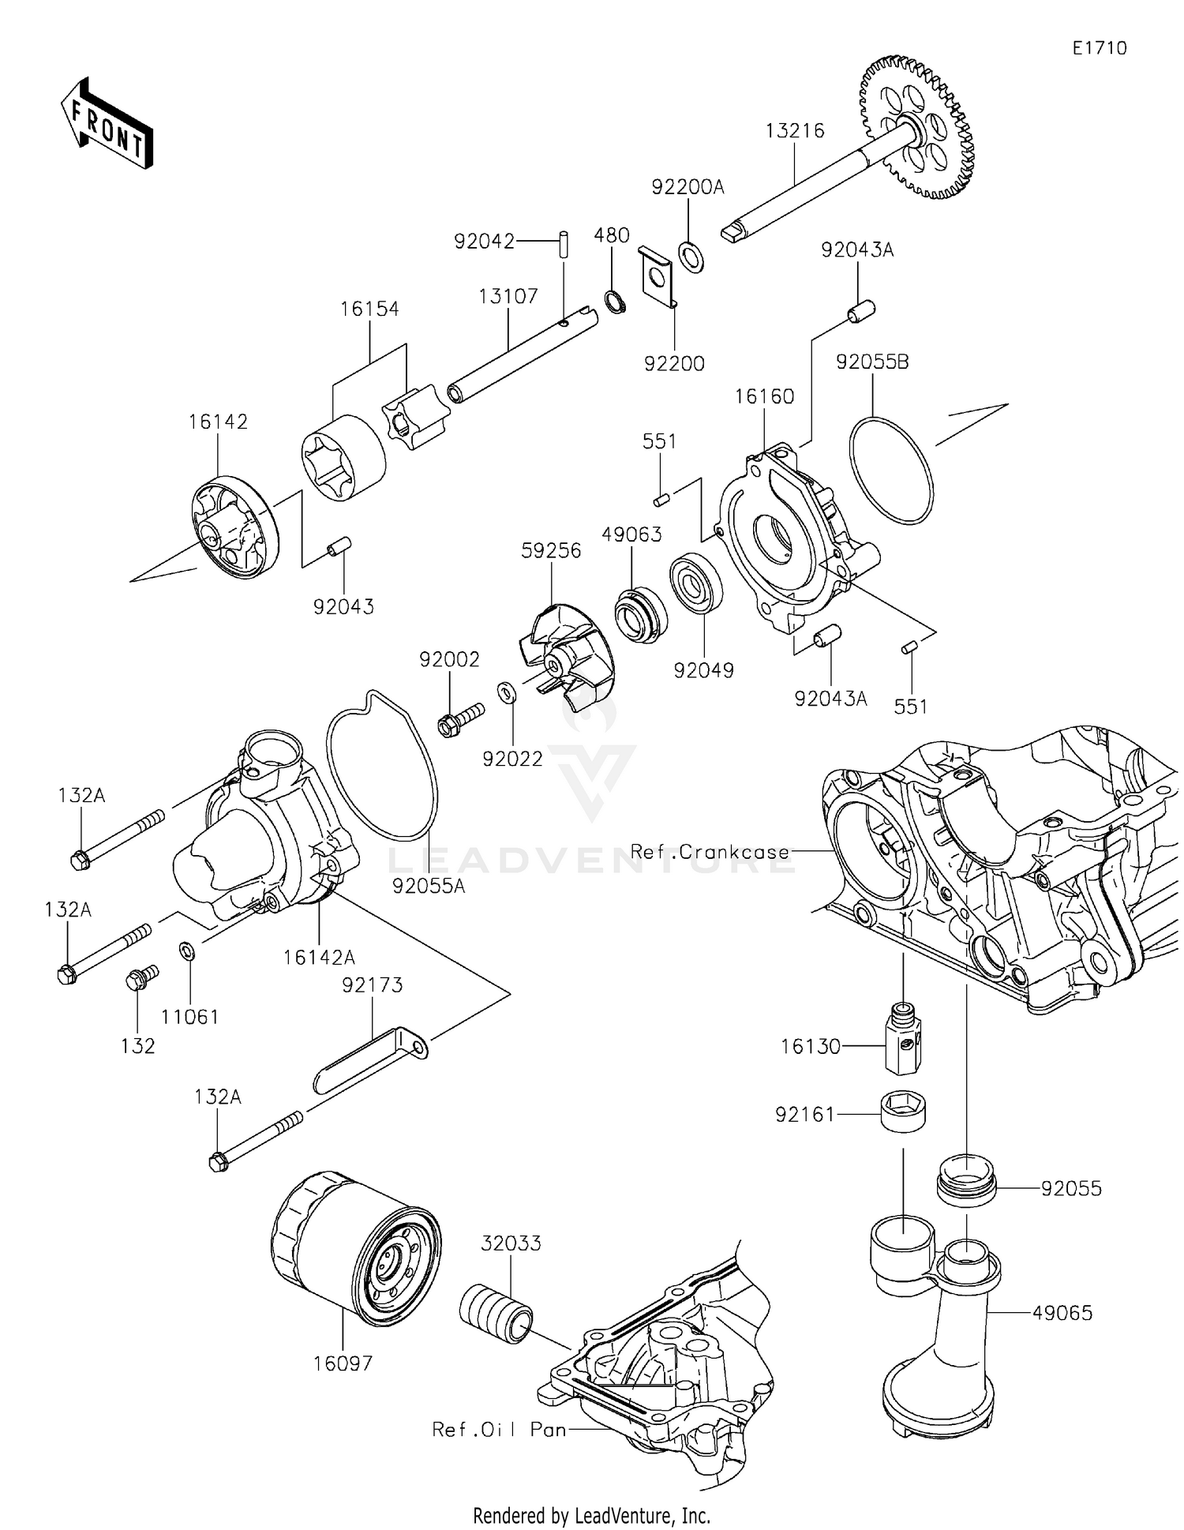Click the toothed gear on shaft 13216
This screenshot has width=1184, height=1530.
click(x=916, y=127)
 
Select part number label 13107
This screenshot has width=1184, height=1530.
click(x=508, y=296)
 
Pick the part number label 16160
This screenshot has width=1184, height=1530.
click(x=764, y=396)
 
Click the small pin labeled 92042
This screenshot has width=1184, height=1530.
click(x=565, y=242)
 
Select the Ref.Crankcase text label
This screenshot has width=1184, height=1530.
click(x=710, y=852)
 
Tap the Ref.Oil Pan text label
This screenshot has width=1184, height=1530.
click(x=500, y=1429)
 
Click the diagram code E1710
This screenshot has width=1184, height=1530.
click(x=1099, y=48)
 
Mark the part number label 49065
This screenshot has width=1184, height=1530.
click(x=1062, y=1312)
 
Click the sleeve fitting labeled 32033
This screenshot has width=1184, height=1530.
click(x=496, y=1314)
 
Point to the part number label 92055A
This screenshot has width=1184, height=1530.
click(x=429, y=886)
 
